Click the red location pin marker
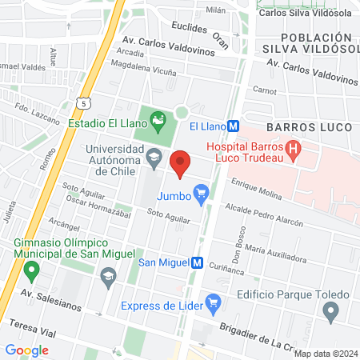[181, 163]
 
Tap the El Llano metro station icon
[233, 126]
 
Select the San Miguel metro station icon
[196, 262]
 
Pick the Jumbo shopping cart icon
[202, 192]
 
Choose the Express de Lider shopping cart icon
[213, 302]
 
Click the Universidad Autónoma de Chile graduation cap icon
[153, 158]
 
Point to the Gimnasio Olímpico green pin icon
[31, 271]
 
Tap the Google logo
[26, 350]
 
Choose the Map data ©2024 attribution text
[324, 353]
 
